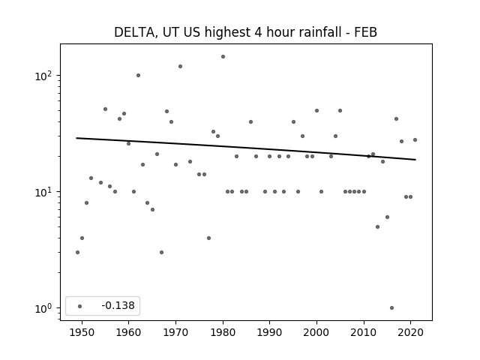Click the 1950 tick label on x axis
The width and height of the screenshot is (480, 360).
82,332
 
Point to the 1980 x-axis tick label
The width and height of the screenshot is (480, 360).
223,332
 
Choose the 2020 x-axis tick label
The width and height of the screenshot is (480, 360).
410,332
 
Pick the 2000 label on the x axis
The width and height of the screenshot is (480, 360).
316,332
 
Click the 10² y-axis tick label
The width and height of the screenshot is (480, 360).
43,76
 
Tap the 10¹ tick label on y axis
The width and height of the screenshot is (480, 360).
43,192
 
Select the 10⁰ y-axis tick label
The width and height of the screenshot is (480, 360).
43,308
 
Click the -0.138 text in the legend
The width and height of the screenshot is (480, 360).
118,305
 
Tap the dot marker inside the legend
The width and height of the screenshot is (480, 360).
80,306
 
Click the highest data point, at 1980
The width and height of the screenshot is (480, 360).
223,57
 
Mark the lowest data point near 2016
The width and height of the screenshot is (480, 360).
391,308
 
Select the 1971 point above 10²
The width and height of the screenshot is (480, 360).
180,67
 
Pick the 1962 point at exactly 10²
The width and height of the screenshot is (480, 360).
138,75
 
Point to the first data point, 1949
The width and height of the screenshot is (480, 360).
77,252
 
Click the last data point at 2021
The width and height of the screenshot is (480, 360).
415,140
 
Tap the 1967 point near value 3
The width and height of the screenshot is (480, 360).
162,252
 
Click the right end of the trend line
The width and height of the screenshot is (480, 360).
415,160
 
